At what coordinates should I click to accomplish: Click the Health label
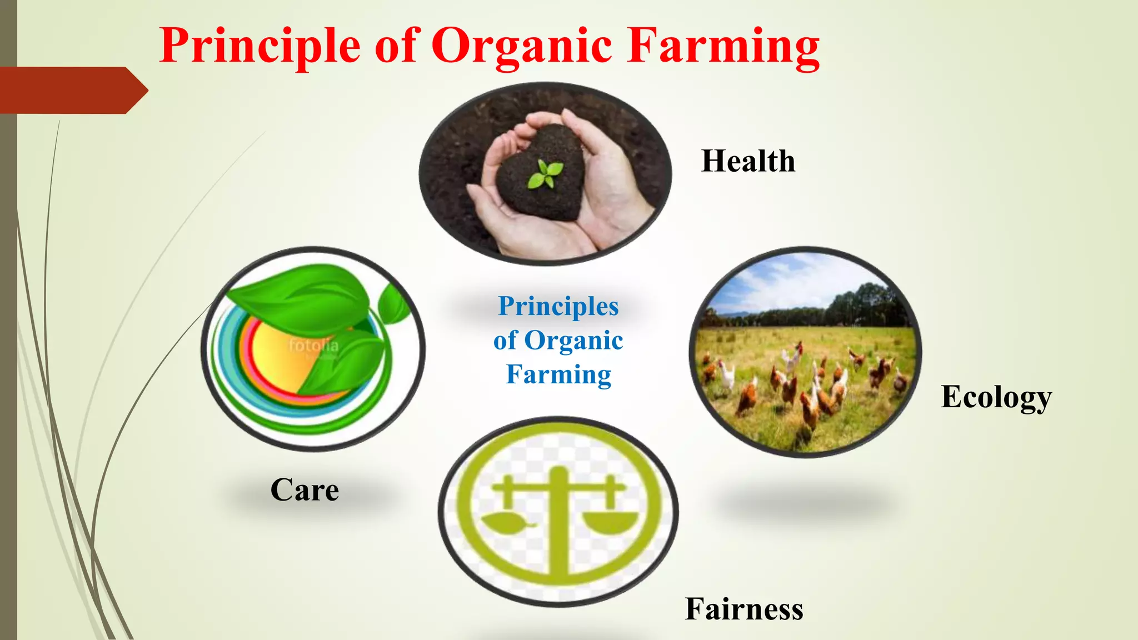pyautogui.click(x=748, y=161)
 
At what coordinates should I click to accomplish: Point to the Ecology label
pyautogui.click(x=996, y=397)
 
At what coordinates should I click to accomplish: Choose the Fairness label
pyautogui.click(x=743, y=609)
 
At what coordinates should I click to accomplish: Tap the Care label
pyautogui.click(x=305, y=490)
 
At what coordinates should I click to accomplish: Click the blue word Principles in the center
pyautogui.click(x=558, y=306)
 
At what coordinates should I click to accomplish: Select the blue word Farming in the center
pyautogui.click(x=558, y=374)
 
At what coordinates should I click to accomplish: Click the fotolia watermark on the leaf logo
pyautogui.click(x=313, y=346)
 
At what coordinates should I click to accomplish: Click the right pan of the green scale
pyautogui.click(x=610, y=522)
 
